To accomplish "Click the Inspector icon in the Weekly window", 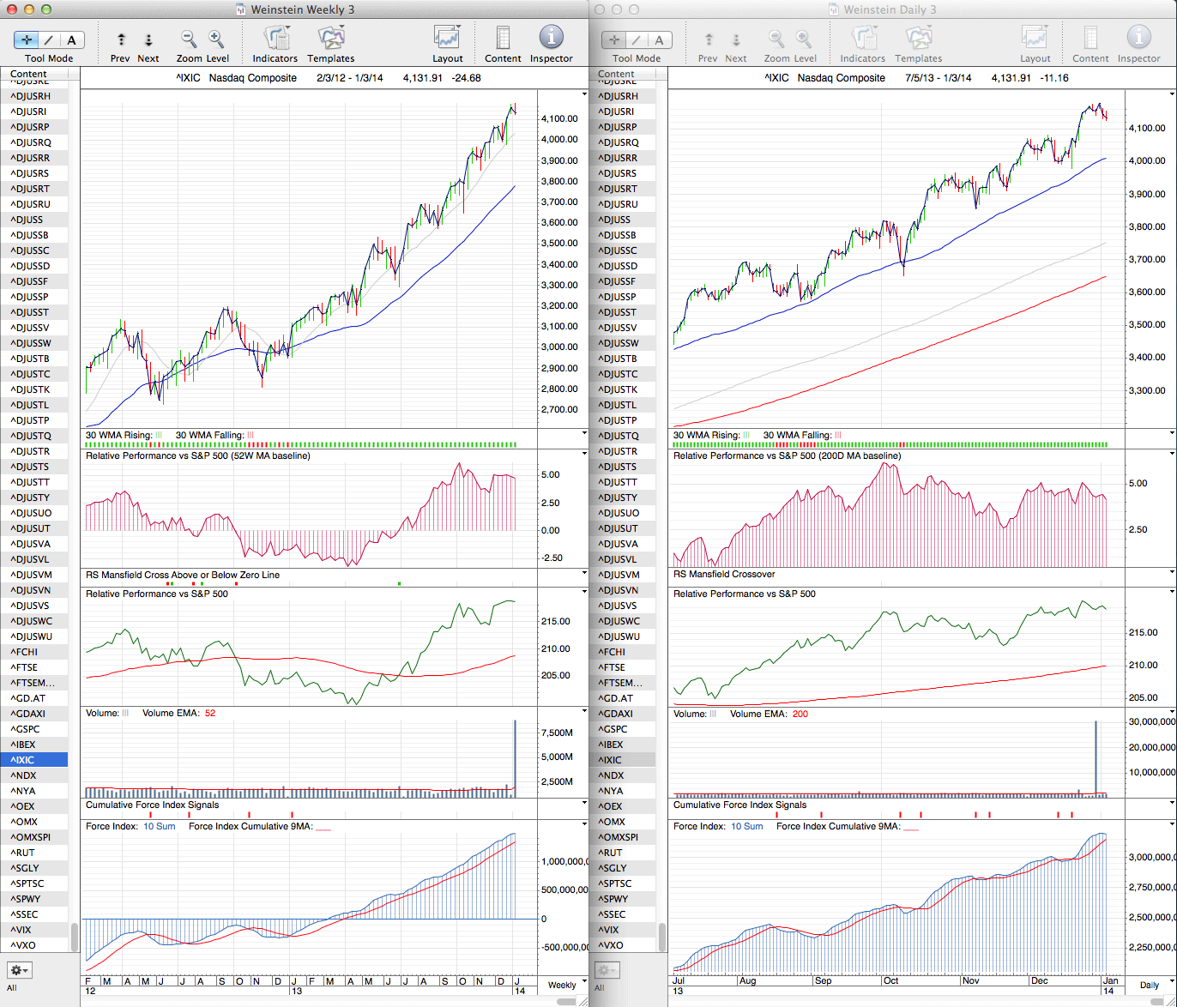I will click(551, 38).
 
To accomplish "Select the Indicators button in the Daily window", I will click(862, 38).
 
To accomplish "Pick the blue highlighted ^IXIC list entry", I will click(34, 760).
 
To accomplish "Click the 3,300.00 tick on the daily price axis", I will click(1148, 390).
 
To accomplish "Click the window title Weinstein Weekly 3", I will click(302, 9).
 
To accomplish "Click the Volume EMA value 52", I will click(210, 714).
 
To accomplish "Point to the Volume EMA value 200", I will click(800, 714).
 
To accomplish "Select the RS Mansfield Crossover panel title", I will click(724, 575).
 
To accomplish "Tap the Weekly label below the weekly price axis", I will click(562, 985).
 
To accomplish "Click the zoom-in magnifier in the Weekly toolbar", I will click(216, 38).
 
